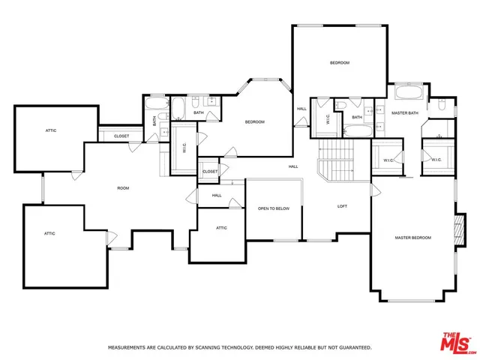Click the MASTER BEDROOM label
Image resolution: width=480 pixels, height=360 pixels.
[413, 238]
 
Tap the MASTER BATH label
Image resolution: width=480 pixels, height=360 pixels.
[404, 112]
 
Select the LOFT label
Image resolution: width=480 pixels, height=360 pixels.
[342, 206]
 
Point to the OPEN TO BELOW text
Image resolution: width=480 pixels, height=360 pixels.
[274, 208]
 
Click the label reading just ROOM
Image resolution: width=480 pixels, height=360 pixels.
[123, 188]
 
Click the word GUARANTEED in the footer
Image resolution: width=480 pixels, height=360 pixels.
[352, 348]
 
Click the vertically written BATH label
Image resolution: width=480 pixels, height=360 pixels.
[155, 118]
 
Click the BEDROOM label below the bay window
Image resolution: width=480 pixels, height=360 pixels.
[254, 121]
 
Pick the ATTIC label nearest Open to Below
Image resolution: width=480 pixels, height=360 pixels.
[222, 228]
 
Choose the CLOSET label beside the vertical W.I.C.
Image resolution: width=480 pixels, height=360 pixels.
[210, 172]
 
